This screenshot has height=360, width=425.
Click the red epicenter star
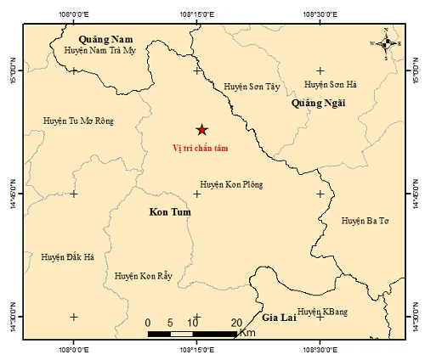pos(201,129)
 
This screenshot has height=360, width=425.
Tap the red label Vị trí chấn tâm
pos(201,149)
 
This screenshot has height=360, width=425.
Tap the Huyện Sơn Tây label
pos(251,86)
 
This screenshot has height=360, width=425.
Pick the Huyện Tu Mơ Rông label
pos(79,121)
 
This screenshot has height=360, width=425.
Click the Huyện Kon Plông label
pos(231,184)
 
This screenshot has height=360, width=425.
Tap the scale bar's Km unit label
pos(247,333)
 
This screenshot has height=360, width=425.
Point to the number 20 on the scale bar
pos(236,322)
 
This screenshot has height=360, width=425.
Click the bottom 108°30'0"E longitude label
pos(320,349)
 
